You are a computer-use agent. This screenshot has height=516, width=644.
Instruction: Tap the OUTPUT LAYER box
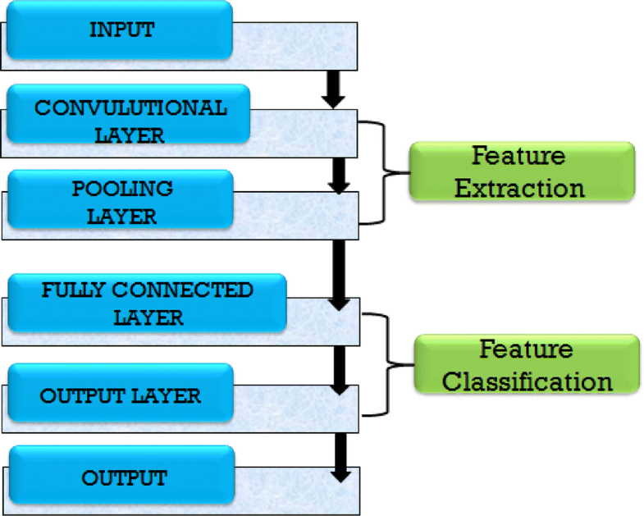121,396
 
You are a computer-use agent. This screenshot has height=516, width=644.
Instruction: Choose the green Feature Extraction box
521,171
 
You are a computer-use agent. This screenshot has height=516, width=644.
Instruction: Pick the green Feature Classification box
526,365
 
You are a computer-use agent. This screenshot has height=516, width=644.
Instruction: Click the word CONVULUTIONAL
130,108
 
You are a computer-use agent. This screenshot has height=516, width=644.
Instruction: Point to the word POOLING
123,188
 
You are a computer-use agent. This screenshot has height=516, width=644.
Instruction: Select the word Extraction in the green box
520,188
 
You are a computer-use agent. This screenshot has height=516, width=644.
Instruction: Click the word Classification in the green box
534,381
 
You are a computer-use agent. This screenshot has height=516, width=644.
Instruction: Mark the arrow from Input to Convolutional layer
333,88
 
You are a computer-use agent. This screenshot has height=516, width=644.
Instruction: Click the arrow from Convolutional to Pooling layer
336,174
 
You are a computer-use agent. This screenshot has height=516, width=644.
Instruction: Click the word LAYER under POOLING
123,217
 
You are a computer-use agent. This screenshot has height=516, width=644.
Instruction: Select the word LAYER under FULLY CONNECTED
148,317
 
